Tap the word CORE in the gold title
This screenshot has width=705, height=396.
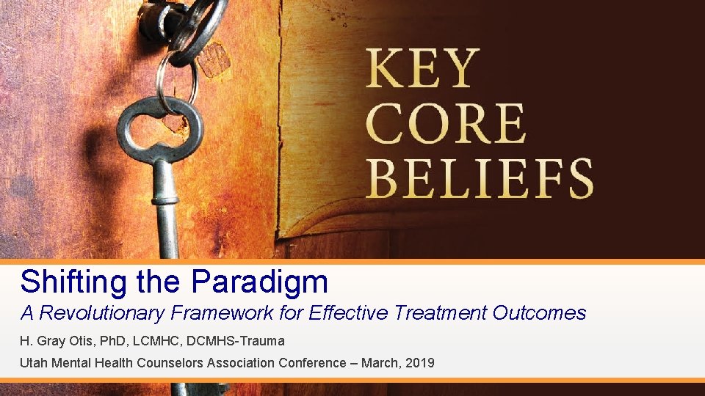tap(446, 124)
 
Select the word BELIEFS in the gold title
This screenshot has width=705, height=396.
tap(480, 178)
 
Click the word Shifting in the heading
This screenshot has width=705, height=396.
tap(65, 281)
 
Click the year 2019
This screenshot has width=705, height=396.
tap(419, 362)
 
